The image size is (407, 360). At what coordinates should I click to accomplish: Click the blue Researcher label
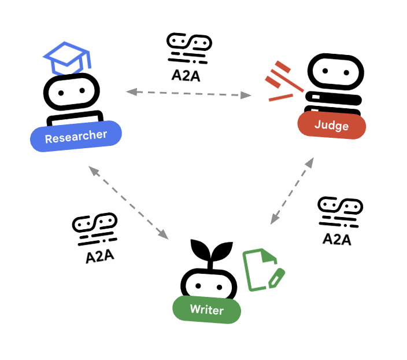pos(76,137)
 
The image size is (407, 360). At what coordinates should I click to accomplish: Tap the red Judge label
pos(331,125)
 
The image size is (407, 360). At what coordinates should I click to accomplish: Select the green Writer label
pos(206,310)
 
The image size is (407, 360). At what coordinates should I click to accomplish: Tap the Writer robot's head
pos(209,281)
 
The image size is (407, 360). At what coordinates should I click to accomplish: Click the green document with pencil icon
pos(262,270)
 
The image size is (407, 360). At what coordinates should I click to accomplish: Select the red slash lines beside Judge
pos(283,80)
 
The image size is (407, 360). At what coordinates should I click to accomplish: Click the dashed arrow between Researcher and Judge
pos(188,93)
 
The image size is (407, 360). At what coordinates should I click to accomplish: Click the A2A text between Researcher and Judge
pos(186,75)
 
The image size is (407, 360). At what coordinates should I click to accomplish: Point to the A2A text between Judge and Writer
pos(337,238)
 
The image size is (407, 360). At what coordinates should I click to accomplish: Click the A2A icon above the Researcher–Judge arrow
pos(188,48)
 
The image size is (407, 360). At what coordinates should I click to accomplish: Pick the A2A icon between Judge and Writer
pos(340,212)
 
